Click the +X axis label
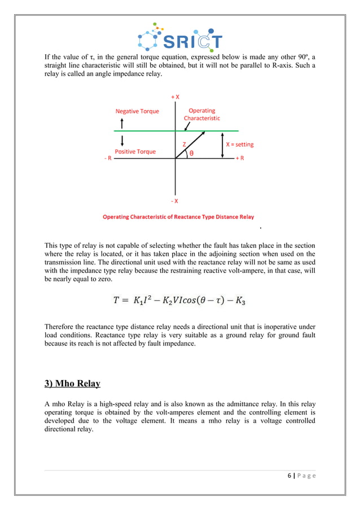point(175,97)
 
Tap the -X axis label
point(175,200)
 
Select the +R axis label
point(240,159)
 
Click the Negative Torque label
point(137,112)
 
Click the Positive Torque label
point(135,151)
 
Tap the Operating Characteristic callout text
point(202,115)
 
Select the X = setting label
point(240,145)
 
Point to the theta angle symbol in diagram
point(192,153)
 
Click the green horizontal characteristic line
point(141,132)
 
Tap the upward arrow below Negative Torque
point(122,123)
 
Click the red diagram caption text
point(178,217)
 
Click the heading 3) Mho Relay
point(72,384)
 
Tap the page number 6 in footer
point(288,476)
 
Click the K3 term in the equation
point(241,302)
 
